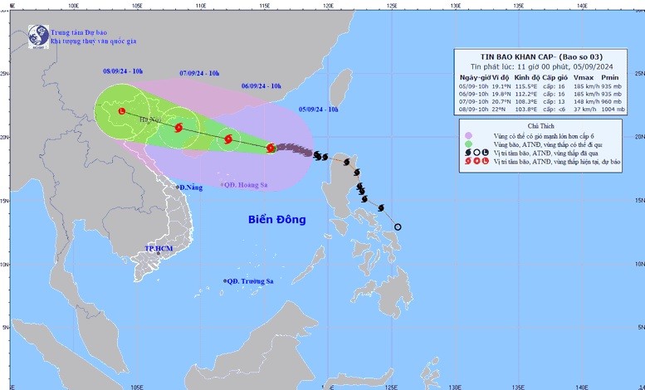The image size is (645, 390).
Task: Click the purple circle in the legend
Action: (x=469, y=135)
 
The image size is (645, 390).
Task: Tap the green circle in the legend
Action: (x=469, y=145)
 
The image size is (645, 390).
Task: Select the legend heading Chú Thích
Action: (x=545, y=125)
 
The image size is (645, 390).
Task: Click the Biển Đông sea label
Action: (x=276, y=220)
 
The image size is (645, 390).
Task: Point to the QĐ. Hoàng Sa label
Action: (x=247, y=184)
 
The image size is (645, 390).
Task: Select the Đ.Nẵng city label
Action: (x=190, y=188)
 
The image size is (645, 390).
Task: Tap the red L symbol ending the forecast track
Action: (x=122, y=111)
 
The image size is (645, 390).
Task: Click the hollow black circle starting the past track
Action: (x=398, y=227)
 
